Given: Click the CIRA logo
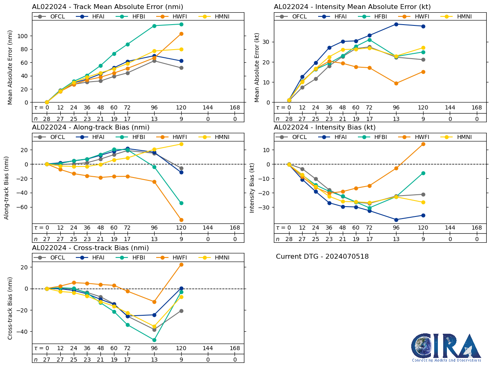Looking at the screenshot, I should click(x=446, y=347).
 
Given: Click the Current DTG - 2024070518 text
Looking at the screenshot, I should click(x=322, y=257).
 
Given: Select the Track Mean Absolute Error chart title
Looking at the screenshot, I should click(x=107, y=7).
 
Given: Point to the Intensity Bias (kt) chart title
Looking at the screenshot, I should click(x=325, y=128).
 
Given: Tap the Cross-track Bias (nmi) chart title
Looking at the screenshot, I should click(x=90, y=248).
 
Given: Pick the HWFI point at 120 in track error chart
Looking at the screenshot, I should click(x=181, y=34).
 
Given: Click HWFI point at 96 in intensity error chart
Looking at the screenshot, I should click(x=396, y=83).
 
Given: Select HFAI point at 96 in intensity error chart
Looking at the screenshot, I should click(x=396, y=24).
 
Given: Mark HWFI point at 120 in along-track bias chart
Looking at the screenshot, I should click(x=181, y=220).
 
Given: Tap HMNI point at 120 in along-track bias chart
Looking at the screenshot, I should click(x=181, y=144).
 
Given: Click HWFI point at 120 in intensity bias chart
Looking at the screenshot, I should click(x=423, y=144).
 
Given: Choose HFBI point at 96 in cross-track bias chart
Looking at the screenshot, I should click(x=154, y=340).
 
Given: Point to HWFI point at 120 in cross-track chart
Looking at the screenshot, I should click(x=181, y=264).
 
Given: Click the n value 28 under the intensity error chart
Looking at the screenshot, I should click(x=289, y=119).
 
